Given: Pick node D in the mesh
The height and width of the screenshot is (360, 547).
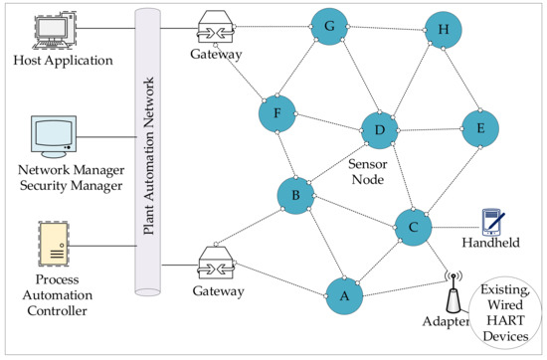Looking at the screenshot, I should point(379,129).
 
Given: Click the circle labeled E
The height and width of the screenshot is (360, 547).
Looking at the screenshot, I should point(480,127).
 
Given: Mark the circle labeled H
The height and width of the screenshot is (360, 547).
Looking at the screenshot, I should point(443,29).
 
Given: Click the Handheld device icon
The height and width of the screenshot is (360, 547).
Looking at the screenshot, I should point(489,220).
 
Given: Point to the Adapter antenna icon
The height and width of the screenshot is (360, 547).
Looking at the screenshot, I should point(452,293).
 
